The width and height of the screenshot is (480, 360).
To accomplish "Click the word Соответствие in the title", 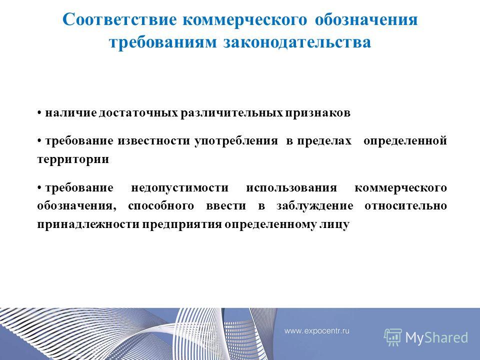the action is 119,19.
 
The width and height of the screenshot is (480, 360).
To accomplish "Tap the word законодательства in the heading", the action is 297,42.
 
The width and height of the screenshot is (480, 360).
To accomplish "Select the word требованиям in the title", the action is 163,42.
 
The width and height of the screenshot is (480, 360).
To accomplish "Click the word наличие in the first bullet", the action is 70,113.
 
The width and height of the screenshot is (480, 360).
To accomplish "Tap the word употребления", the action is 236,141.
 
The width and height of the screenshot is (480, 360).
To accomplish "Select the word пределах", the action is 324,141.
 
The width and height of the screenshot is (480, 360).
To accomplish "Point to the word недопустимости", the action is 179,187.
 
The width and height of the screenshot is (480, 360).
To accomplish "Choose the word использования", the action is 291,187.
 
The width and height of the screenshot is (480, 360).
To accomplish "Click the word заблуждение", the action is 314,206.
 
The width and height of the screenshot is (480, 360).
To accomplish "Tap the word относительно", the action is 405,206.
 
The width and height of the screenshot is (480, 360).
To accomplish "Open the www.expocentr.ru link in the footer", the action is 317,331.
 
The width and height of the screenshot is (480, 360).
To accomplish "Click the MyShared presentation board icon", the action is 393,337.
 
